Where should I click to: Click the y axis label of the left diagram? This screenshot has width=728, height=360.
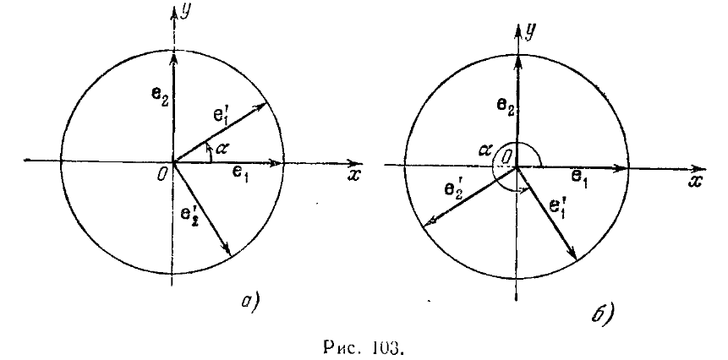click(x=186, y=12)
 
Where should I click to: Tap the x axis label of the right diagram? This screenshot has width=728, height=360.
click(x=695, y=183)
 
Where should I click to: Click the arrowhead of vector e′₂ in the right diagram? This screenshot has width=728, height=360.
click(x=429, y=224)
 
